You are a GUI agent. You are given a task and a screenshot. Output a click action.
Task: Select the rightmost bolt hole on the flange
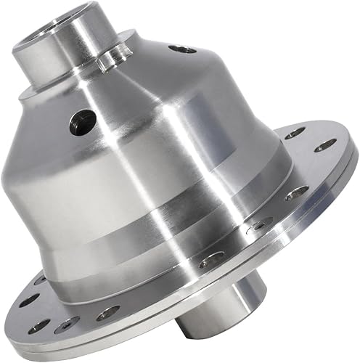click(325, 145)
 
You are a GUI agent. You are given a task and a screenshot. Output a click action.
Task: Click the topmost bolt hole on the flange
click(295, 133)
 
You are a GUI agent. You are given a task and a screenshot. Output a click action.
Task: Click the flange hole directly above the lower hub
click(211, 260)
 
